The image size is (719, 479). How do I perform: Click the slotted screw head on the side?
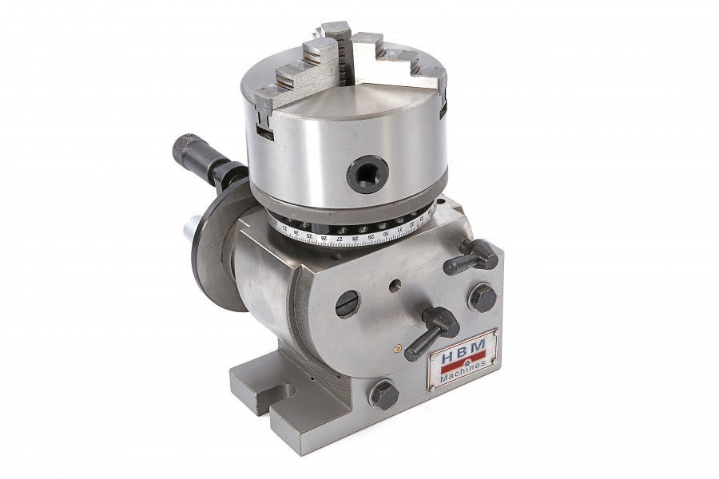coord(348,303)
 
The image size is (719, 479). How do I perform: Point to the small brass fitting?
coord(396,348)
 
